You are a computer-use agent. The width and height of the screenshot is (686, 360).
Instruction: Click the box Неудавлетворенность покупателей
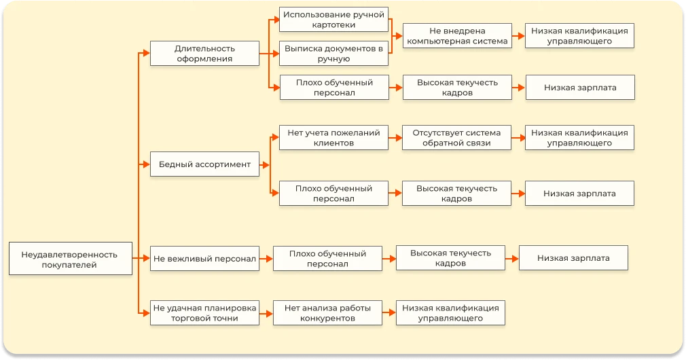click(70, 259)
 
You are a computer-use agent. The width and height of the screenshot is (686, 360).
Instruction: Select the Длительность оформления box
click(204, 53)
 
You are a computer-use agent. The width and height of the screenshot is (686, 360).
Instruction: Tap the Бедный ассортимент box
click(204, 164)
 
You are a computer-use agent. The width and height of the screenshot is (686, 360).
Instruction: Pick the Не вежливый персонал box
click(204, 258)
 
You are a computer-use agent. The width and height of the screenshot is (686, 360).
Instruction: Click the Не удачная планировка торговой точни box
click(204, 312)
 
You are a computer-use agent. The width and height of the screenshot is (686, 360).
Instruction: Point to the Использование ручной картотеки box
click(333, 19)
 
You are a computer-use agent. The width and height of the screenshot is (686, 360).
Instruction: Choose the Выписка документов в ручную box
click(333, 53)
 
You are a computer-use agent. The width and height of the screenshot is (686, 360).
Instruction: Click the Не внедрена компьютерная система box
click(457, 36)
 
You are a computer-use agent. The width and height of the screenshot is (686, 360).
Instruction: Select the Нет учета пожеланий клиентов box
click(333, 138)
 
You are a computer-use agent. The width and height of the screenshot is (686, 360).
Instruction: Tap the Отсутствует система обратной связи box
click(456, 138)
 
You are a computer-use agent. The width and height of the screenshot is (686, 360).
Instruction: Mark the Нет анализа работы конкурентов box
click(327, 312)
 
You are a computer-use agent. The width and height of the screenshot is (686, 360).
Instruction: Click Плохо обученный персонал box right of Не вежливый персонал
click(327, 258)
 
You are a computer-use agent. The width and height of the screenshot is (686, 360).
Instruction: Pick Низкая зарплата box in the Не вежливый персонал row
click(573, 258)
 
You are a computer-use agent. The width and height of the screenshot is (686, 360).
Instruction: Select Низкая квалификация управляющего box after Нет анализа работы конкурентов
click(450, 312)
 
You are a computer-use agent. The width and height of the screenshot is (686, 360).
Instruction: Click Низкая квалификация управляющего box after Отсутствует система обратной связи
click(579, 138)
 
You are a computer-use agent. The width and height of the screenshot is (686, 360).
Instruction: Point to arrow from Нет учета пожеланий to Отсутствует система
click(395, 138)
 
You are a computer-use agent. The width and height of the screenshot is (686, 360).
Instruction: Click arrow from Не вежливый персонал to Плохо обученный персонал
click(266, 258)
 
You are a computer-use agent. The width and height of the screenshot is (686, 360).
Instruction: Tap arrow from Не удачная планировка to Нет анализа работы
click(266, 312)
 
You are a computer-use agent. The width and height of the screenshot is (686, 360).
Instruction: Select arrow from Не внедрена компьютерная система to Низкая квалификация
click(518, 36)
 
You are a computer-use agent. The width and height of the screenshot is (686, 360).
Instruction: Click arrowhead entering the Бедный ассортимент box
click(145, 164)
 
